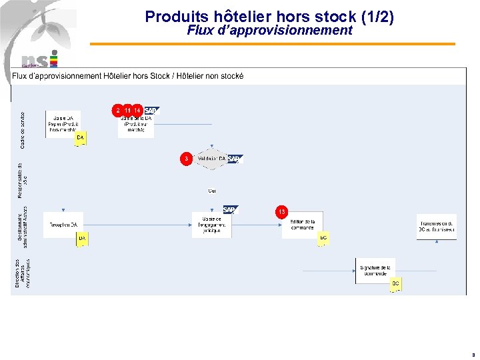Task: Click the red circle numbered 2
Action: pyautogui.click(x=118, y=110)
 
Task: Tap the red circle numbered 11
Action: pyautogui.click(x=127, y=110)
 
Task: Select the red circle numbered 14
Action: pyautogui.click(x=137, y=110)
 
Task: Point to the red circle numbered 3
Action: pyautogui.click(x=187, y=158)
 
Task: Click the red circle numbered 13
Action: pyautogui.click(x=282, y=211)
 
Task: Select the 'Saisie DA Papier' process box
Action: pyautogui.click(x=63, y=123)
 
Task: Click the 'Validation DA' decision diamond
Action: pyautogui.click(x=211, y=159)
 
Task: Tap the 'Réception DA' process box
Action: pyautogui.click(x=63, y=225)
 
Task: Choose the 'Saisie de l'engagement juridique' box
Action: pyautogui.click(x=211, y=225)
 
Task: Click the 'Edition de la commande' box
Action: pyautogui.click(x=302, y=225)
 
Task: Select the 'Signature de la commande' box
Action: pyautogui.click(x=375, y=271)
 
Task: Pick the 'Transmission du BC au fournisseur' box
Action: pyautogui.click(x=437, y=227)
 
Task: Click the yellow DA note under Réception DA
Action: pyautogui.click(x=81, y=238)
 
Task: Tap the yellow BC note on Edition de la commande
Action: pyautogui.click(x=323, y=238)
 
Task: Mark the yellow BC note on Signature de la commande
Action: pyautogui.click(x=395, y=284)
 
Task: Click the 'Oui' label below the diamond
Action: pyautogui.click(x=212, y=191)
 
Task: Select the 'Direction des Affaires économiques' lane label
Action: pyautogui.click(x=23, y=273)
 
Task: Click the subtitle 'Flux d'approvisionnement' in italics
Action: pyautogui.click(x=269, y=31)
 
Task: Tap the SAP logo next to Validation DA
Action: pyautogui.click(x=235, y=159)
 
